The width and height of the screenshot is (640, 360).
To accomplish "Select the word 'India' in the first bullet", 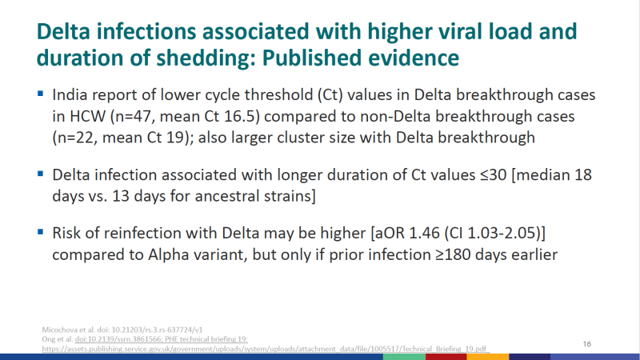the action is pyautogui.click(x=70, y=94).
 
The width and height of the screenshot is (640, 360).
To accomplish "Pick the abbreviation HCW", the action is pyautogui.click(x=87, y=116).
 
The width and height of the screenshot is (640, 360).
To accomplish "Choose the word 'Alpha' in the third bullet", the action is pyautogui.click(x=166, y=255).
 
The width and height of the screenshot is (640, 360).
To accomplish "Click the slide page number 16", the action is pyautogui.click(x=587, y=344).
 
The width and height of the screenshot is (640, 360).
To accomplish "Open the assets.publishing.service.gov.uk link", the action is pyautogui.click(x=265, y=349).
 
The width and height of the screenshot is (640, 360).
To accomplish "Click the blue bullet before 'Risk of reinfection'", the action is pyautogui.click(x=41, y=232).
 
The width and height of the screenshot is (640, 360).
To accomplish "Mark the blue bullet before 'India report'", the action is pyautogui.click(x=41, y=94).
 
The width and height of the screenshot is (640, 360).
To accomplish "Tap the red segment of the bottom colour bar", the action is pyautogui.click(x=446, y=357).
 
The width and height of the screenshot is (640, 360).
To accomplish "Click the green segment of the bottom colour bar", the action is pyautogui.click(x=405, y=357).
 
